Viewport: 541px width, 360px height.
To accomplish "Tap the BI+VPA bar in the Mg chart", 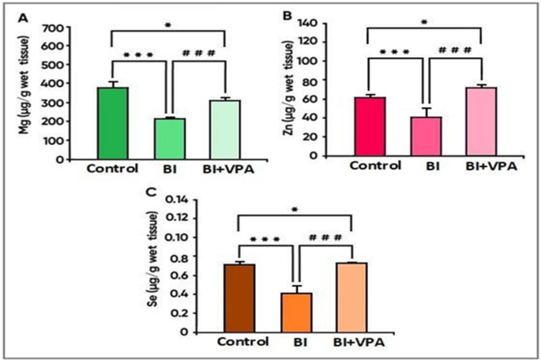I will [x=225, y=129].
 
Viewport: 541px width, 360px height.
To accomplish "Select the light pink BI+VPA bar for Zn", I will [x=480, y=122].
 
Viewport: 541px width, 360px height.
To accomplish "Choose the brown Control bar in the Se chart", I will [x=239, y=298].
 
